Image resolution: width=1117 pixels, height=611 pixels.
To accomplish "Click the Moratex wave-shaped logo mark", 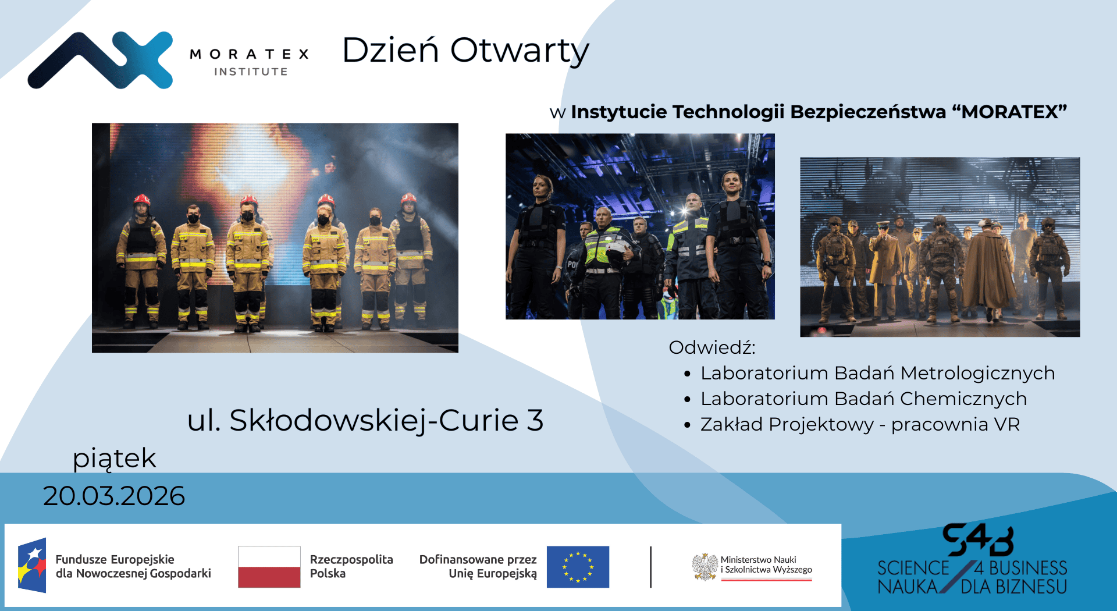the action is pos(100,60).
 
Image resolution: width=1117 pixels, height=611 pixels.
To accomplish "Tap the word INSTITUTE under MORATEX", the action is pos(251,72).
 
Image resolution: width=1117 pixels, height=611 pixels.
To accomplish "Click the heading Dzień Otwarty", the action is pos(465,51).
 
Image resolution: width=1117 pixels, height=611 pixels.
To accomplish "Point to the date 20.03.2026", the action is pos(114,496).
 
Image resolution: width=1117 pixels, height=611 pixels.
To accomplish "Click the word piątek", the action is pos(115,459).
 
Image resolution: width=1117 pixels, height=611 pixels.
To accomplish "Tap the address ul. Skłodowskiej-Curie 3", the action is pos(365,420).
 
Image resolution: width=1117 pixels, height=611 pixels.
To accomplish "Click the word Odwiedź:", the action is pos(712,347).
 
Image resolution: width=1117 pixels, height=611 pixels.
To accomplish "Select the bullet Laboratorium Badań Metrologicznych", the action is pos(877,373).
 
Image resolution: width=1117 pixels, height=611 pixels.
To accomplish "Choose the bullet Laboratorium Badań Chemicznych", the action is pos(863,399).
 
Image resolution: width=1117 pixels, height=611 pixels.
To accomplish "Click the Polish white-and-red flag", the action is pos(269,567).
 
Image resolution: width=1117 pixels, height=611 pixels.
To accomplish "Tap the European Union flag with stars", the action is pos(578,567).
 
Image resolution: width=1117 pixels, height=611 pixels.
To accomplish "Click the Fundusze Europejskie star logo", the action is pos(32,566).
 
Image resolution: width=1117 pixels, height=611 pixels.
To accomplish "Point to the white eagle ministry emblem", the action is pos(705,567).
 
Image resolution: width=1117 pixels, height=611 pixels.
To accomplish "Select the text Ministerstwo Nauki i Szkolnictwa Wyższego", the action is pos(766,564).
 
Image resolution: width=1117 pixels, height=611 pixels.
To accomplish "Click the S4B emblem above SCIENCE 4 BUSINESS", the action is pos(977,540).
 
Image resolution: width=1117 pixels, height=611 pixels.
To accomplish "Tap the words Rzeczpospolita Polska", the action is pos(351,566).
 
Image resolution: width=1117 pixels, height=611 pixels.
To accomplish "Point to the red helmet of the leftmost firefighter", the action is pos(141,200).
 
